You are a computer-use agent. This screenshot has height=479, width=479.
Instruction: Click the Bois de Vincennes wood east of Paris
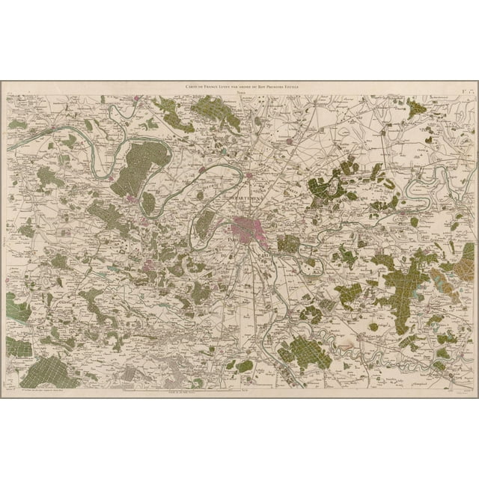tap(288, 244)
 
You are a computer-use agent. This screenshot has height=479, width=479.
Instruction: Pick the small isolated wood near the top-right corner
tap(416, 108)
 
